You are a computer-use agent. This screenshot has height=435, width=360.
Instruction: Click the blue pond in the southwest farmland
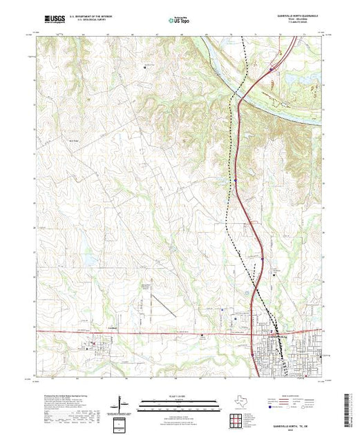coord(88,260)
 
